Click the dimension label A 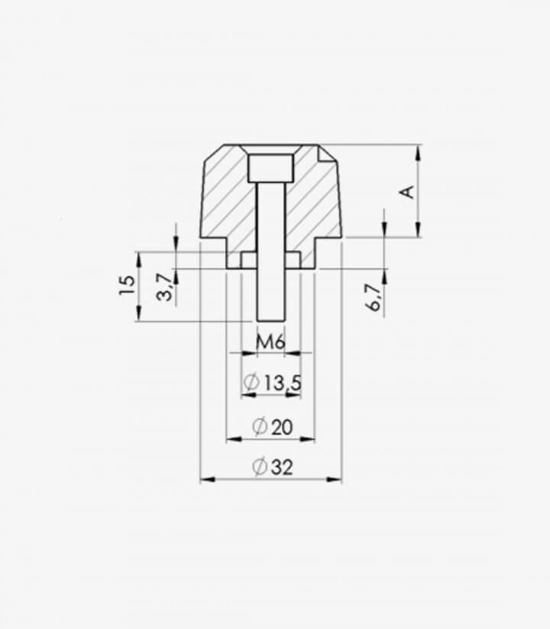pyautogui.click(x=408, y=192)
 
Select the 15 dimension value pyautogui.click(x=128, y=285)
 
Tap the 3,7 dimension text pyautogui.click(x=165, y=287)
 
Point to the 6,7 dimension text pyautogui.click(x=374, y=297)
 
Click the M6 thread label pyautogui.click(x=270, y=342)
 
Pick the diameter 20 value pyautogui.click(x=282, y=426)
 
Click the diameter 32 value pyautogui.click(x=282, y=467)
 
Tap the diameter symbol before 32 pyautogui.click(x=260, y=466)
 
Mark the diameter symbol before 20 pyautogui.click(x=260, y=426)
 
